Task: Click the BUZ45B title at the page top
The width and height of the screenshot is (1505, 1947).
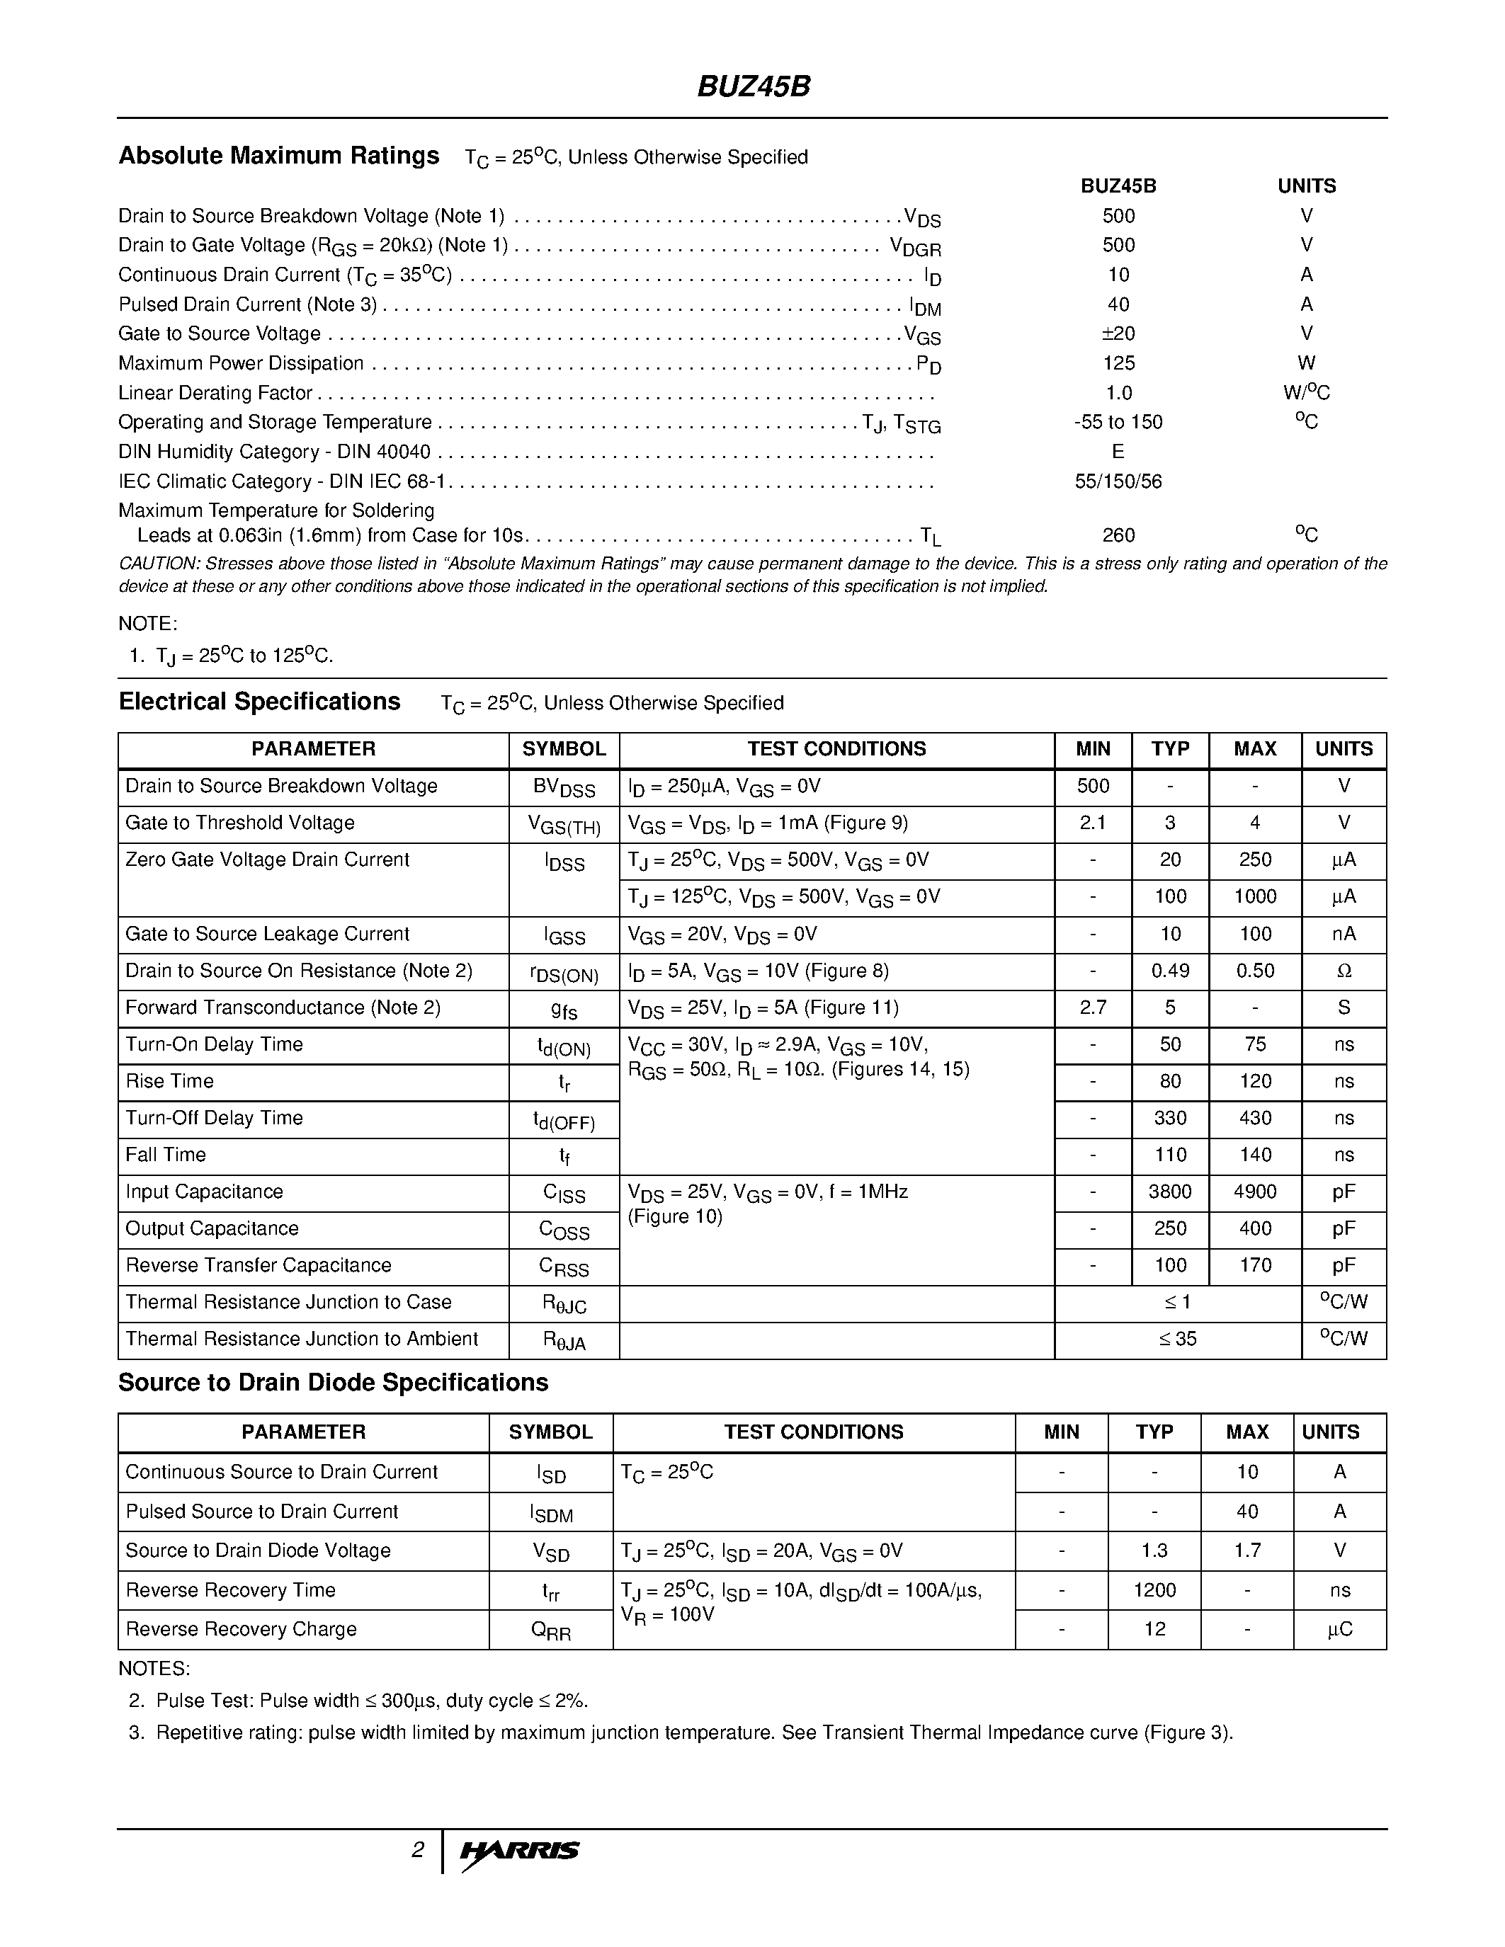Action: [754, 86]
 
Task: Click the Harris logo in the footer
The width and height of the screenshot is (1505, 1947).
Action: [520, 1851]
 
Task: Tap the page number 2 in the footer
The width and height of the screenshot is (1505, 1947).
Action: [417, 1850]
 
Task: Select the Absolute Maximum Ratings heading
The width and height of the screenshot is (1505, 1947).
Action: [279, 156]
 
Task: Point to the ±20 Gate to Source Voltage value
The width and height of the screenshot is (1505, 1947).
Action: [1118, 333]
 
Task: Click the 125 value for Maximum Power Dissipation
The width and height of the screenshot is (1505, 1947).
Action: [1118, 362]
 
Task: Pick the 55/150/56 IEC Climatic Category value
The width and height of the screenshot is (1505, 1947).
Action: [1118, 481]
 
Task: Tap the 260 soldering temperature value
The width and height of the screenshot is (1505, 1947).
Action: [1118, 535]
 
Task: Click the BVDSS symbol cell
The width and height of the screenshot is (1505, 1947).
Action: [564, 788]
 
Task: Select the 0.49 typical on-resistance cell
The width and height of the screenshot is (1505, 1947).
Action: [1170, 971]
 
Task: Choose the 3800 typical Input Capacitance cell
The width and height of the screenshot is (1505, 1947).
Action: [1170, 1192]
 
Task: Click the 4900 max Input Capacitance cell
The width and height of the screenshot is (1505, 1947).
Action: [1254, 1192]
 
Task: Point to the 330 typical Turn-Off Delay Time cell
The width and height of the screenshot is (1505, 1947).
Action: [1170, 1118]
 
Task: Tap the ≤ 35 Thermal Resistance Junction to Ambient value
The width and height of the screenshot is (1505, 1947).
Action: [1177, 1339]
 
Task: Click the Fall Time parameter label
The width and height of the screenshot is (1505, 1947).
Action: [166, 1155]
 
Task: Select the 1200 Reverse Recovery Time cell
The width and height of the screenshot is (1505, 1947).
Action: [1154, 1590]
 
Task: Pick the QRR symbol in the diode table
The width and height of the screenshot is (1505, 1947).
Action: [550, 1631]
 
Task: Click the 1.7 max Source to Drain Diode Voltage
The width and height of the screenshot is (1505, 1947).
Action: [1246, 1551]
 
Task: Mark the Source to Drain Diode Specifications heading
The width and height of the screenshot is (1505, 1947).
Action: [334, 1383]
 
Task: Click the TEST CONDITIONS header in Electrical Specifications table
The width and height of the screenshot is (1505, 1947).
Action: [836, 749]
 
